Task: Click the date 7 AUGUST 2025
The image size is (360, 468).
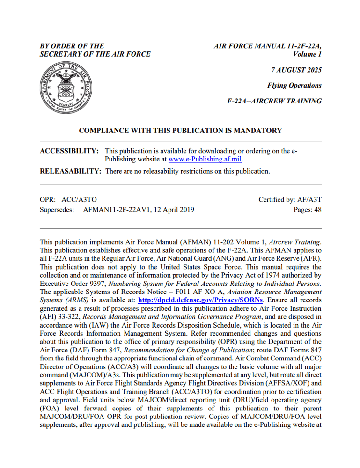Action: coord(296,70)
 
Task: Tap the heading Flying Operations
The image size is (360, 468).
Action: coord(294,86)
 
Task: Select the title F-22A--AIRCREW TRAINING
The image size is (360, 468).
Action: coord(274,101)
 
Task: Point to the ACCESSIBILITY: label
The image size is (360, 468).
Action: coord(69,151)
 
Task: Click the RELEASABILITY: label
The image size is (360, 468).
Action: coord(71,171)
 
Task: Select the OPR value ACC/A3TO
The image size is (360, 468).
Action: coord(79,200)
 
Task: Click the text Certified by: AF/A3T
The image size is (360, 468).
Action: coord(290,200)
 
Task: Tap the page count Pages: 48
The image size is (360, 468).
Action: coord(307,210)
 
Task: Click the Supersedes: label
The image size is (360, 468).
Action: coord(57,210)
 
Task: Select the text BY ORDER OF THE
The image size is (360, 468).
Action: coord(72,46)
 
